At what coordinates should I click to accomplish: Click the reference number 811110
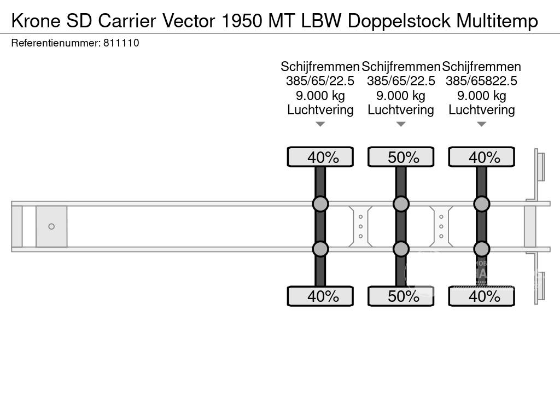pos(121,43)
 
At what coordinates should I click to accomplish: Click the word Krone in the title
pos(35,21)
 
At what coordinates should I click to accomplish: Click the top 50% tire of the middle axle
pos(401,157)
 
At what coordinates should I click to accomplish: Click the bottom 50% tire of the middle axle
pos(401,296)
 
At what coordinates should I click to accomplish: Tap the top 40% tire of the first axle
pos(320,157)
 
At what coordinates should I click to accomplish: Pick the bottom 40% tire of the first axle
pos(320,296)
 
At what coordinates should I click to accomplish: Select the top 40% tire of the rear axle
pos(482,157)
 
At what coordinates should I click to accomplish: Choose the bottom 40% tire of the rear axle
pos(482,296)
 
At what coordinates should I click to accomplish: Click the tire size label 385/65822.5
pos(481,81)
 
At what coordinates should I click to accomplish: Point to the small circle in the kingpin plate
pos(51,226)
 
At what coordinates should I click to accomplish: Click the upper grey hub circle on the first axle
pos(320,204)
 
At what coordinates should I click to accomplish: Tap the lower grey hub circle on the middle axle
pos(401,249)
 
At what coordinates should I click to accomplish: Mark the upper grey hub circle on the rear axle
pos(482,204)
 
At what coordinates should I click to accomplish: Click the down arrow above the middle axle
pos(401,124)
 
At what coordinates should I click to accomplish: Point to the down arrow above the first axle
pos(320,124)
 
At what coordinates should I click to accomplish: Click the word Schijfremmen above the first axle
pos(320,67)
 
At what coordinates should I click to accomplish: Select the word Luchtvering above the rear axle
pos(481,110)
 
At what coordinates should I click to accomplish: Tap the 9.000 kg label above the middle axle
pos(401,96)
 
